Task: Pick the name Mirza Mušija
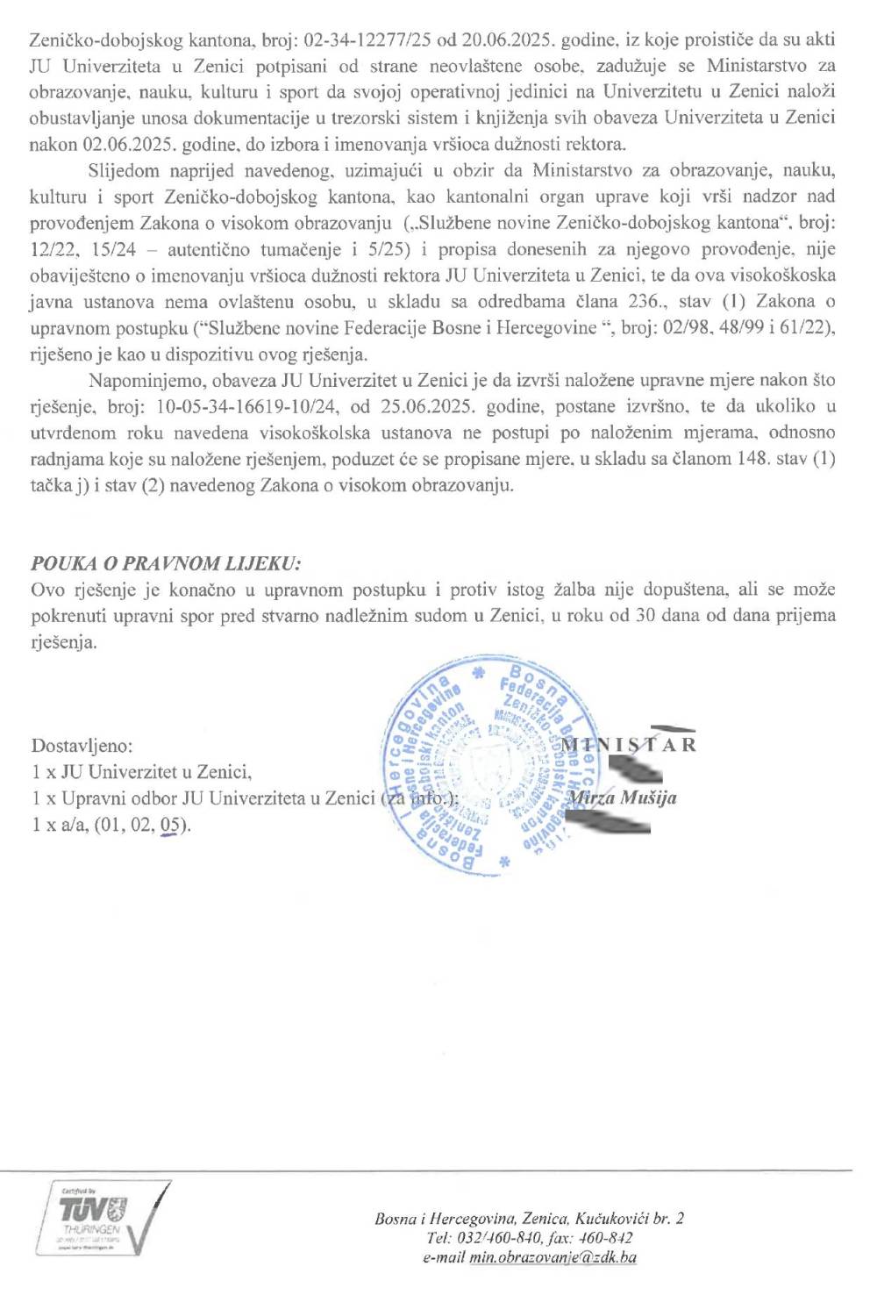[622, 798]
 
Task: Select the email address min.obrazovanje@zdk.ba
[553, 1257]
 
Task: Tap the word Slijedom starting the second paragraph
[119, 169]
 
